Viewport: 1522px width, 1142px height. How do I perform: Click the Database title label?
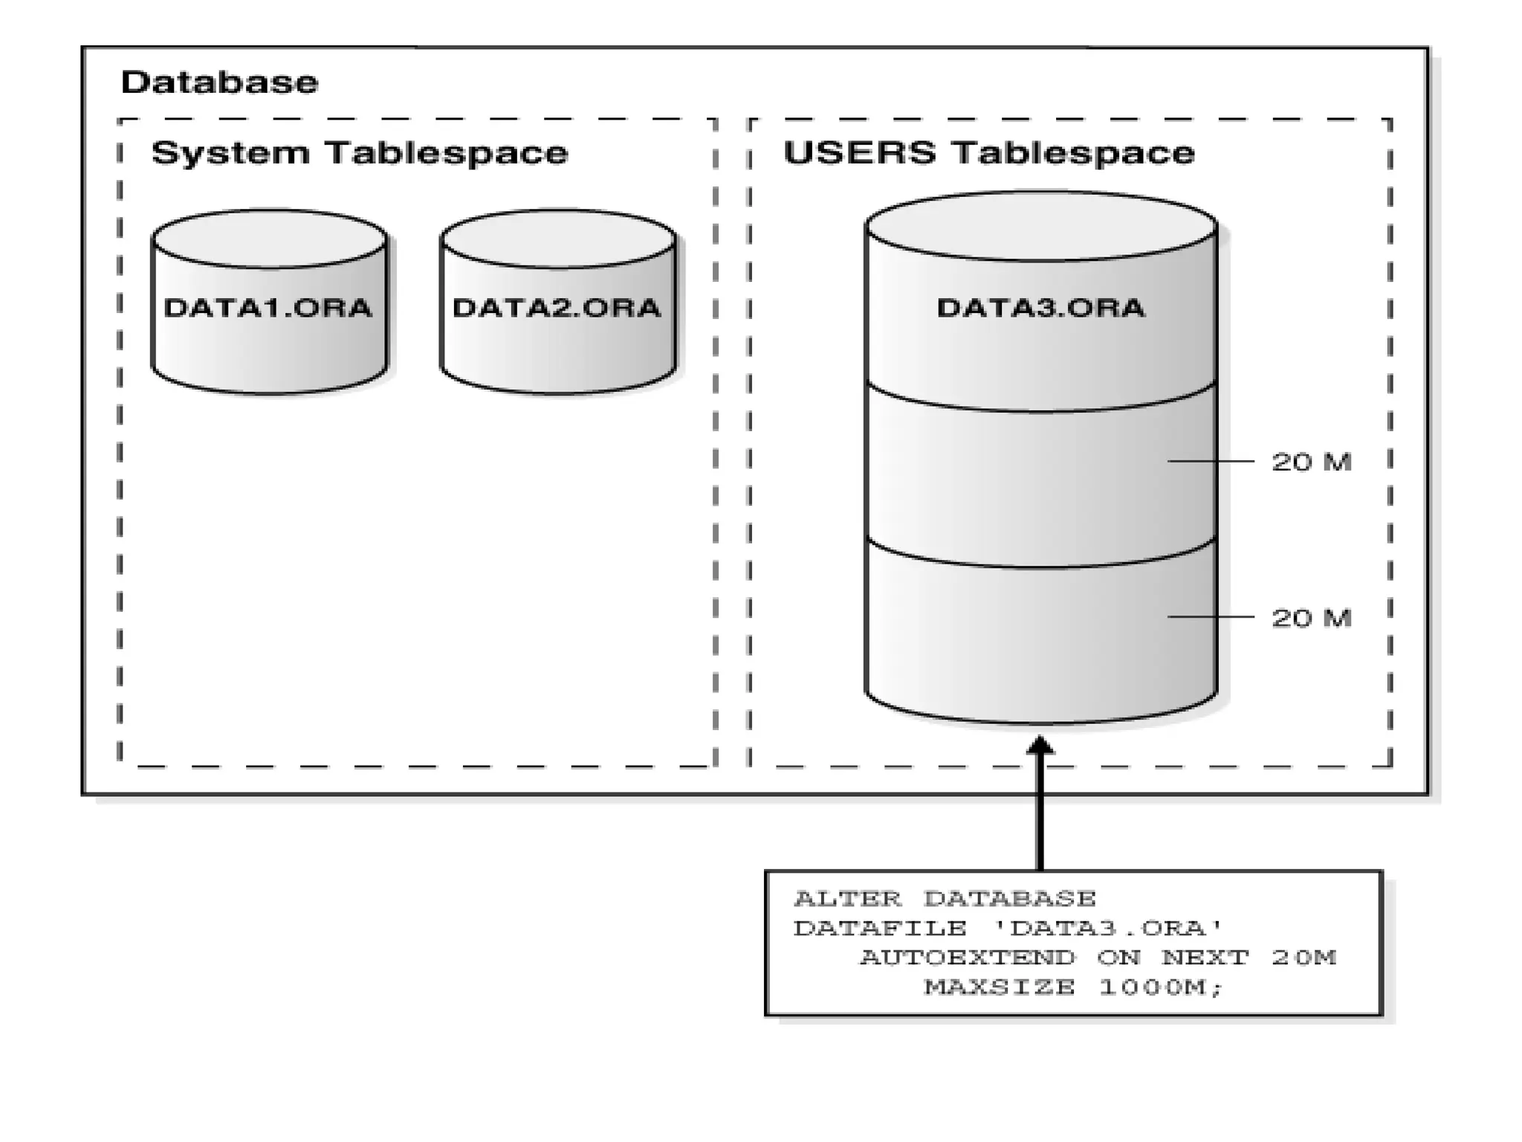click(x=219, y=82)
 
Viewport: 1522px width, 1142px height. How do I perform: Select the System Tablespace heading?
click(x=360, y=153)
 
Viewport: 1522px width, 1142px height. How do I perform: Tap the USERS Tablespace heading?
click(x=988, y=153)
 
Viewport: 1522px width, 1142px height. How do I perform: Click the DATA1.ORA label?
click(x=268, y=308)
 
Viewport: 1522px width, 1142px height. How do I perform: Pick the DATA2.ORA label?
click(x=557, y=308)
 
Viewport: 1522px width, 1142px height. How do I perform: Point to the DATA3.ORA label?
click(x=1040, y=308)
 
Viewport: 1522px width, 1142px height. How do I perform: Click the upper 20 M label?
click(x=1311, y=462)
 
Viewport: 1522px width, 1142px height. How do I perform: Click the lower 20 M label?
click(x=1311, y=618)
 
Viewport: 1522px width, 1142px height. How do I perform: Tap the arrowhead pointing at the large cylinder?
click(x=1040, y=745)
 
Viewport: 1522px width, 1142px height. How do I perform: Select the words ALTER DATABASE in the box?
click(x=945, y=899)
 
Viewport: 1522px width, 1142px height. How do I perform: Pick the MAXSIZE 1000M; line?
click(x=1072, y=987)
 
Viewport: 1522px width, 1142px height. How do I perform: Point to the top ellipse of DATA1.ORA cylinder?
click(x=269, y=239)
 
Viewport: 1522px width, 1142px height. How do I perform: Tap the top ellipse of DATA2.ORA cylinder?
click(x=558, y=239)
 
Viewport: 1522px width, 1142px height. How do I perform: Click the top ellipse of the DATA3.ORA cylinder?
click(x=1040, y=226)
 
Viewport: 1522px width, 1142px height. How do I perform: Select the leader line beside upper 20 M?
click(x=1211, y=462)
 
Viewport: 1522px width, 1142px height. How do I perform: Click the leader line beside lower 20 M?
click(x=1211, y=616)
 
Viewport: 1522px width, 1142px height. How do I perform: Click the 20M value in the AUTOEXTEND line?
click(x=1304, y=958)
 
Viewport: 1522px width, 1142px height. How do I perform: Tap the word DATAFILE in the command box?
click(x=880, y=928)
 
